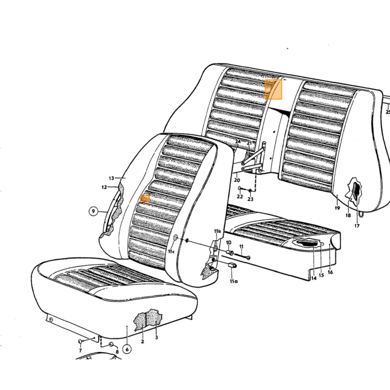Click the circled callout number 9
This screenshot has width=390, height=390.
[x=93, y=211]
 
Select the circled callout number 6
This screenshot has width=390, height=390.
[x=127, y=349]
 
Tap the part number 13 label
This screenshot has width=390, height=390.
[x=111, y=178]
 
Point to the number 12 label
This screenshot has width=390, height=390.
[x=104, y=187]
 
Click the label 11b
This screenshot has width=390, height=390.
[x=217, y=231]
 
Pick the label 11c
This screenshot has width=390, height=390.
[x=171, y=251]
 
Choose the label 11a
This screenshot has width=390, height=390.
[x=233, y=281]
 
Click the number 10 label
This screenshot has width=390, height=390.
[x=228, y=242]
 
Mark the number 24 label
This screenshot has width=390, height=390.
[x=238, y=142]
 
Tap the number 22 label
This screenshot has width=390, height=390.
[x=240, y=197]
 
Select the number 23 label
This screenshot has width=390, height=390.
[x=250, y=199]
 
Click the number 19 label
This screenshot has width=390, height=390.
[x=337, y=208]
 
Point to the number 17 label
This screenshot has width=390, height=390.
[x=357, y=226]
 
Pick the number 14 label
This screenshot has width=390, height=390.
[x=314, y=278]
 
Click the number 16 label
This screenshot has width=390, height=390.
[x=330, y=272]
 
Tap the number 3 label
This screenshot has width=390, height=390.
[x=157, y=338]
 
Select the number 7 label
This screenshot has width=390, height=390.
[x=80, y=350]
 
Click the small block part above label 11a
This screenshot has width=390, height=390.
[x=232, y=265]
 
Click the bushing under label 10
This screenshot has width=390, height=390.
[x=230, y=253]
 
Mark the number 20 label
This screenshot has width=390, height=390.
[x=237, y=180]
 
